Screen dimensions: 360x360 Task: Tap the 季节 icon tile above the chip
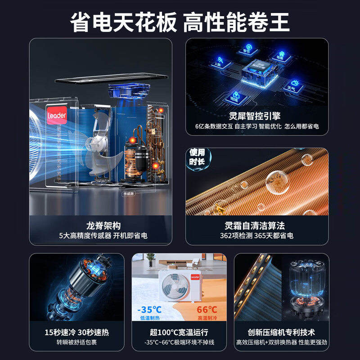[x=247, y=49]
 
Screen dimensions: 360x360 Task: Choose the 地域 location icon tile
[x=234, y=96]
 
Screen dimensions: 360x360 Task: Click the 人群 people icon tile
[x=218, y=62]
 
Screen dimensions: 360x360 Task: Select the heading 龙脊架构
[x=103, y=225]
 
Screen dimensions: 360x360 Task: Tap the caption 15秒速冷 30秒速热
[x=76, y=333]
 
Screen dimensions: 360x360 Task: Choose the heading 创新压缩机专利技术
[x=281, y=333]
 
